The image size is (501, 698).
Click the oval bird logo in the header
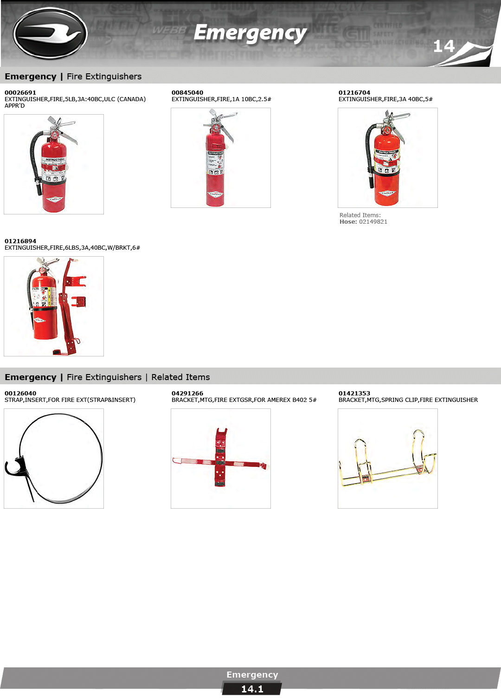pos(50,33)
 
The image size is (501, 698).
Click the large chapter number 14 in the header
pos(443,46)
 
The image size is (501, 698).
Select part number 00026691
pos(20,92)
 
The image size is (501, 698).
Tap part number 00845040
pos(187,92)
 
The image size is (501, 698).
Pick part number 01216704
pos(354,92)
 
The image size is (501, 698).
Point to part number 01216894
pos(20,241)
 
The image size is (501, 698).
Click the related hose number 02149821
pos(373,221)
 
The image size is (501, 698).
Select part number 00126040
pos(20,393)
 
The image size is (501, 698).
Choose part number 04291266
pos(187,393)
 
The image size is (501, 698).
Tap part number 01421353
pos(354,393)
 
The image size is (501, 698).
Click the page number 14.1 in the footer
pos(252,689)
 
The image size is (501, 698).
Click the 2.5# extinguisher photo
pos(220,158)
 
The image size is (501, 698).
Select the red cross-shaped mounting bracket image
pos(220,458)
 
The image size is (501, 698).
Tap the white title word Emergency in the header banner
pos(250,33)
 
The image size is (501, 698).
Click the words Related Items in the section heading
pos(180,377)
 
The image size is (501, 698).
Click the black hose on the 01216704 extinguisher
pos(369,156)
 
